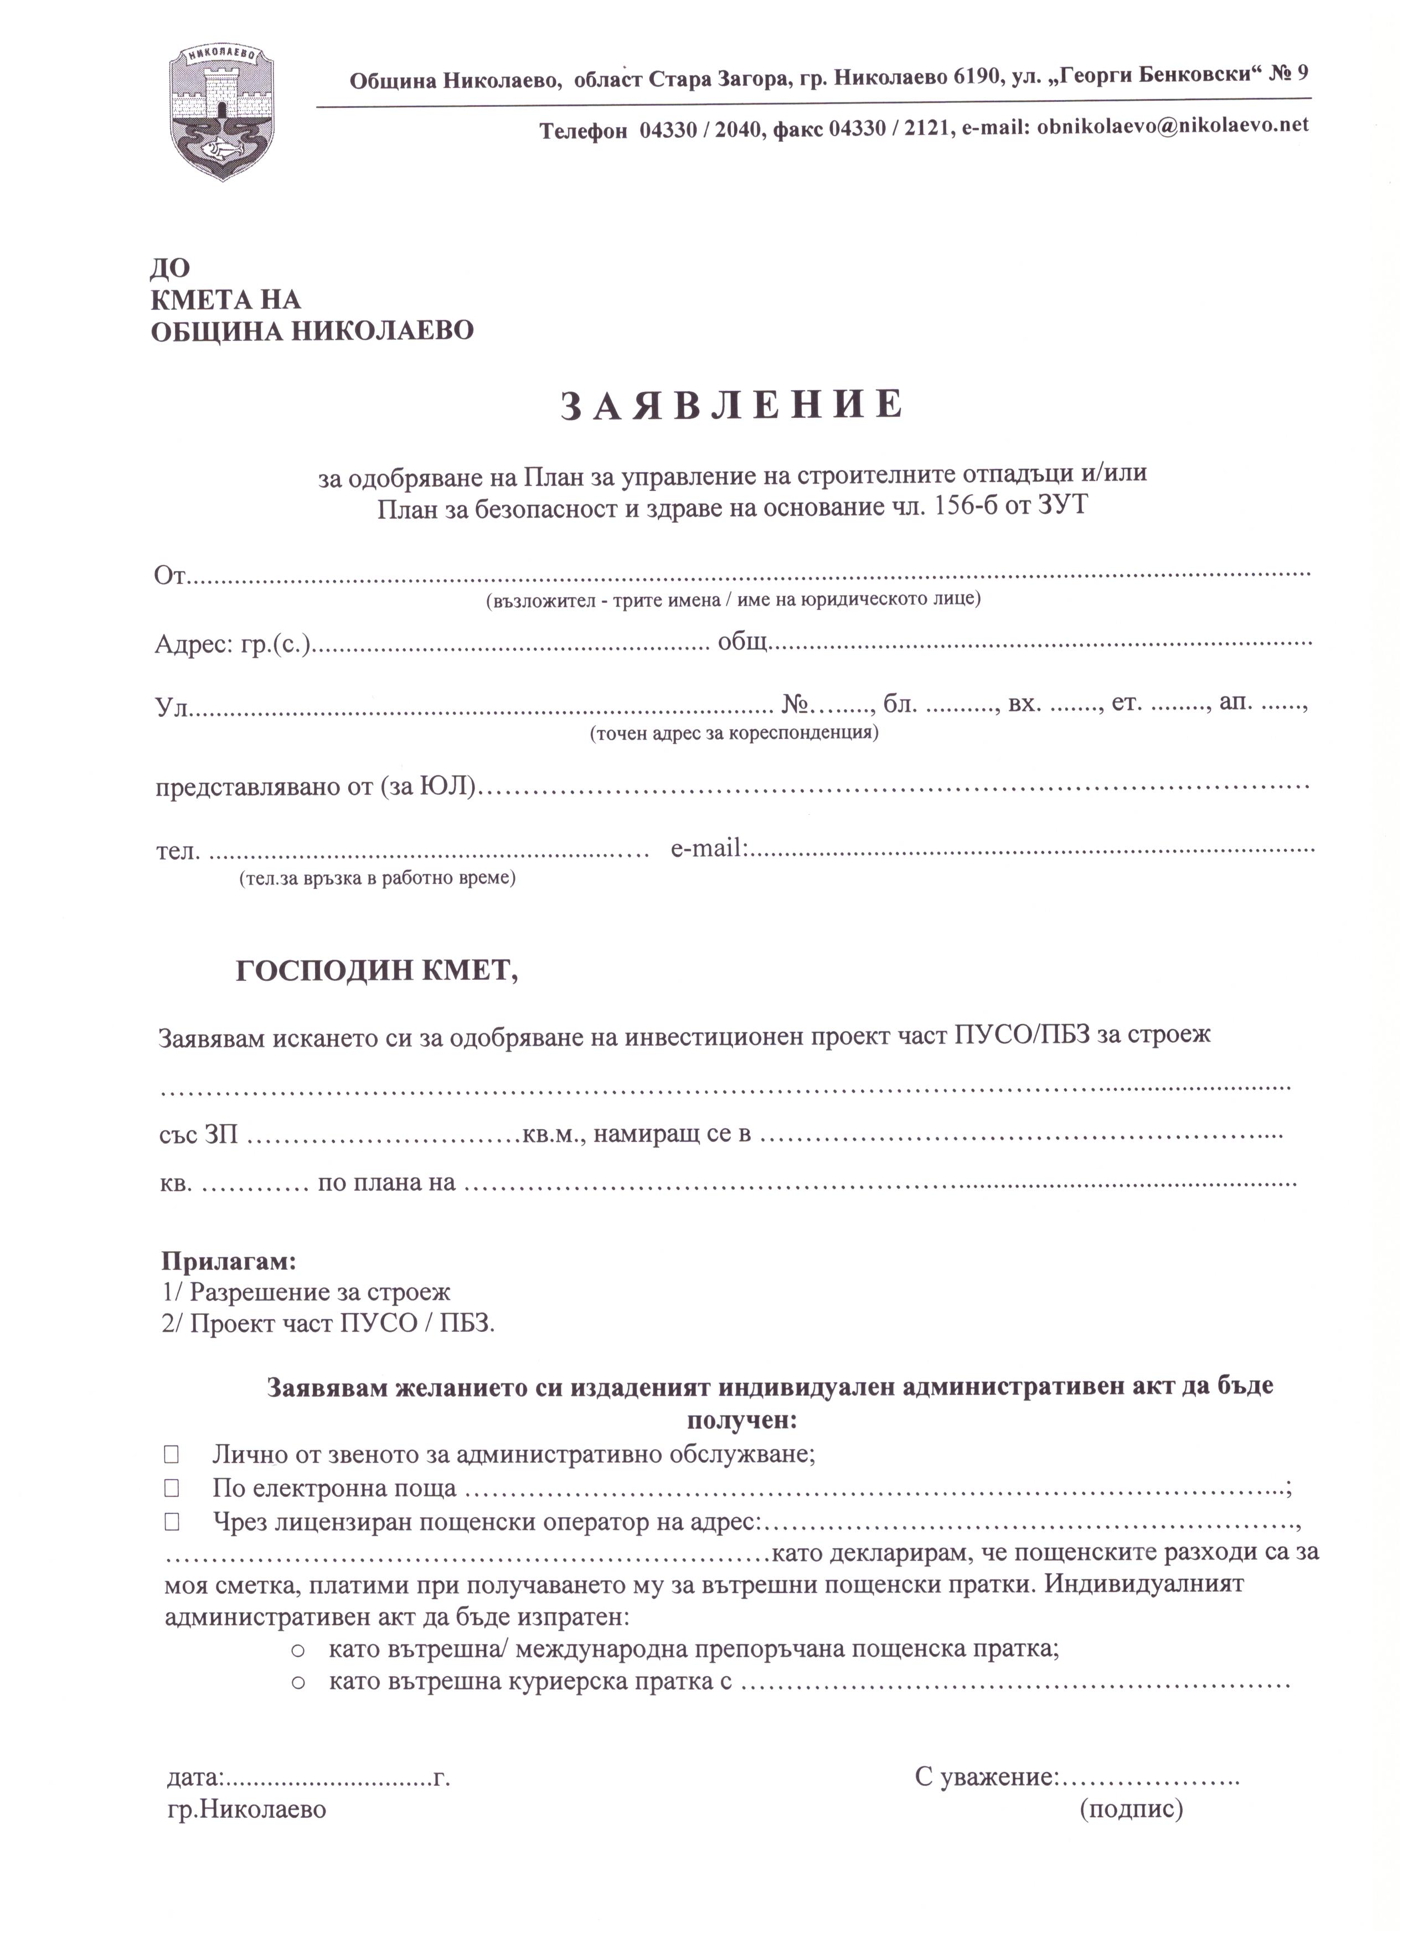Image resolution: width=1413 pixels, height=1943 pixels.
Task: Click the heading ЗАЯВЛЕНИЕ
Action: pyautogui.click(x=732, y=405)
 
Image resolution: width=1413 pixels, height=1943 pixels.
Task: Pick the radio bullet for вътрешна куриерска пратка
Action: pyautogui.click(x=299, y=1683)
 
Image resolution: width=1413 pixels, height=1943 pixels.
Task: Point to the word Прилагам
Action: pyautogui.click(x=229, y=1261)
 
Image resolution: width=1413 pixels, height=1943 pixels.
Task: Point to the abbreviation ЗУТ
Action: pyautogui.click(x=1063, y=507)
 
